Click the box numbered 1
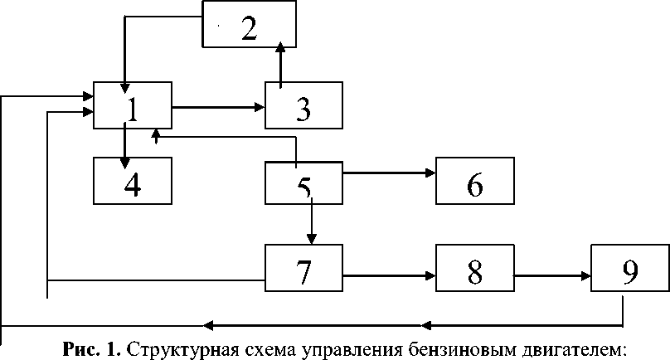(x=133, y=105)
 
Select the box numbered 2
(x=250, y=24)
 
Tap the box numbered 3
(x=303, y=105)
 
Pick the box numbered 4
(x=133, y=180)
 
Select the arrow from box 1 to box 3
(x=219, y=107)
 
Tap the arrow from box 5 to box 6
(x=390, y=173)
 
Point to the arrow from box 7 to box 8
(x=390, y=275)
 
